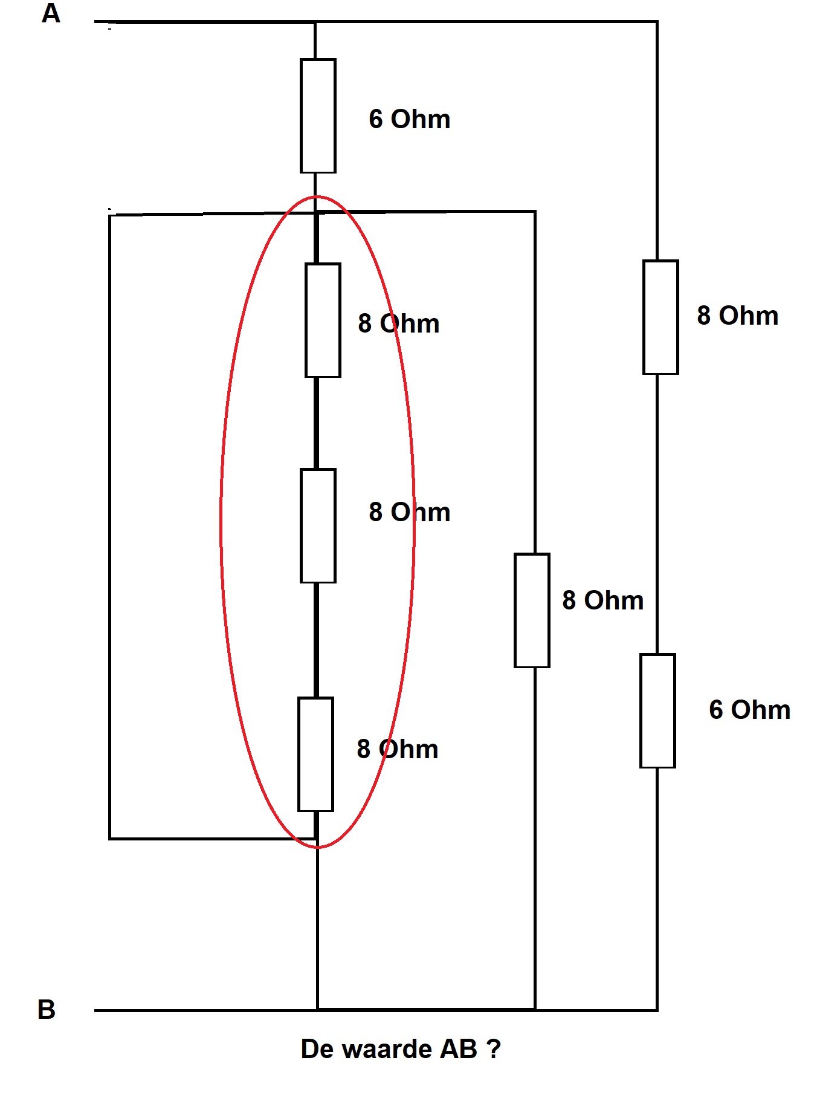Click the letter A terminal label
tap(51, 13)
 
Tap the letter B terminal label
tap(47, 1009)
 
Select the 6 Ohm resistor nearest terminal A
tap(318, 115)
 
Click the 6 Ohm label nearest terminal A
tap(410, 119)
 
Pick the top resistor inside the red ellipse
tap(323, 320)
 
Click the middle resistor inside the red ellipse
tap(318, 525)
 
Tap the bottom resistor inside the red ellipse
tap(315, 754)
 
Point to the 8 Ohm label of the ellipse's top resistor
tap(399, 323)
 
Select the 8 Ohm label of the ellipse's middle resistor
tap(410, 512)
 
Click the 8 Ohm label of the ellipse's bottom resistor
tap(398, 749)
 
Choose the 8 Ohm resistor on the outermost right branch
tap(660, 317)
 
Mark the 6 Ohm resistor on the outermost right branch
tap(657, 710)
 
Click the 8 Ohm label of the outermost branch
tap(738, 316)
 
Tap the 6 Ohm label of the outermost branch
tap(750, 710)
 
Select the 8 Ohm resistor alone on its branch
tap(532, 610)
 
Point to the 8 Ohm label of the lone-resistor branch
tap(603, 600)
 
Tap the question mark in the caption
tap(494, 1049)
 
